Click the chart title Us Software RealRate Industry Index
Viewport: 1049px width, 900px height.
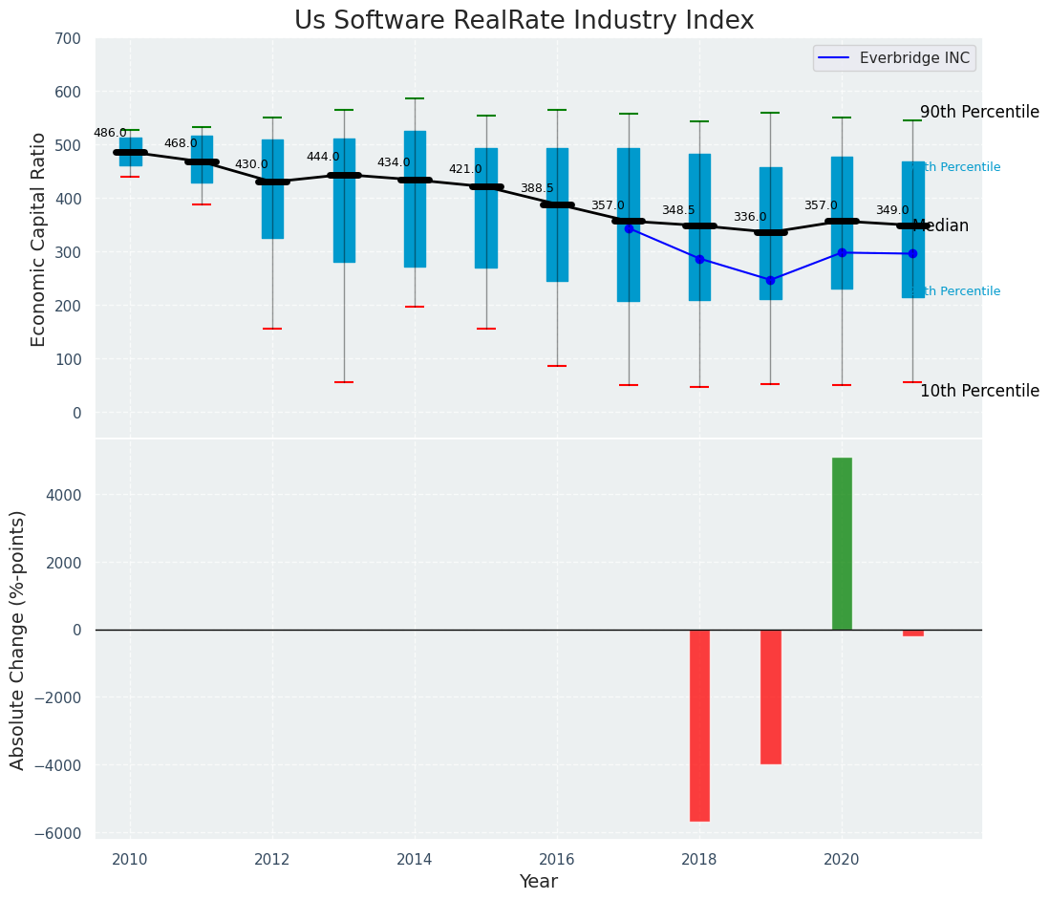point(524,21)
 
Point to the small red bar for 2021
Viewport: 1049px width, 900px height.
point(912,632)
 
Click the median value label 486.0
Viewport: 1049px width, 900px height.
point(110,133)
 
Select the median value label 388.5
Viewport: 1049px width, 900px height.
point(537,188)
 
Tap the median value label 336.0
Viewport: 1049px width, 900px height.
point(750,217)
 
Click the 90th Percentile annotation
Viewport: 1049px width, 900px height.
point(979,112)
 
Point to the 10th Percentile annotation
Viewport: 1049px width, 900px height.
point(979,391)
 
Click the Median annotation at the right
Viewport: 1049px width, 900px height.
point(941,226)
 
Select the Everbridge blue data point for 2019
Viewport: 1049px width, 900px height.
point(770,280)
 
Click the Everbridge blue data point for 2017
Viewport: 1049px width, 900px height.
point(629,228)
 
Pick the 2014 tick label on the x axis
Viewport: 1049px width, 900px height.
point(415,859)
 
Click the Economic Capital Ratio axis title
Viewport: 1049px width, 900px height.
point(39,239)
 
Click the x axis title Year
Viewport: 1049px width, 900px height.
point(538,881)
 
